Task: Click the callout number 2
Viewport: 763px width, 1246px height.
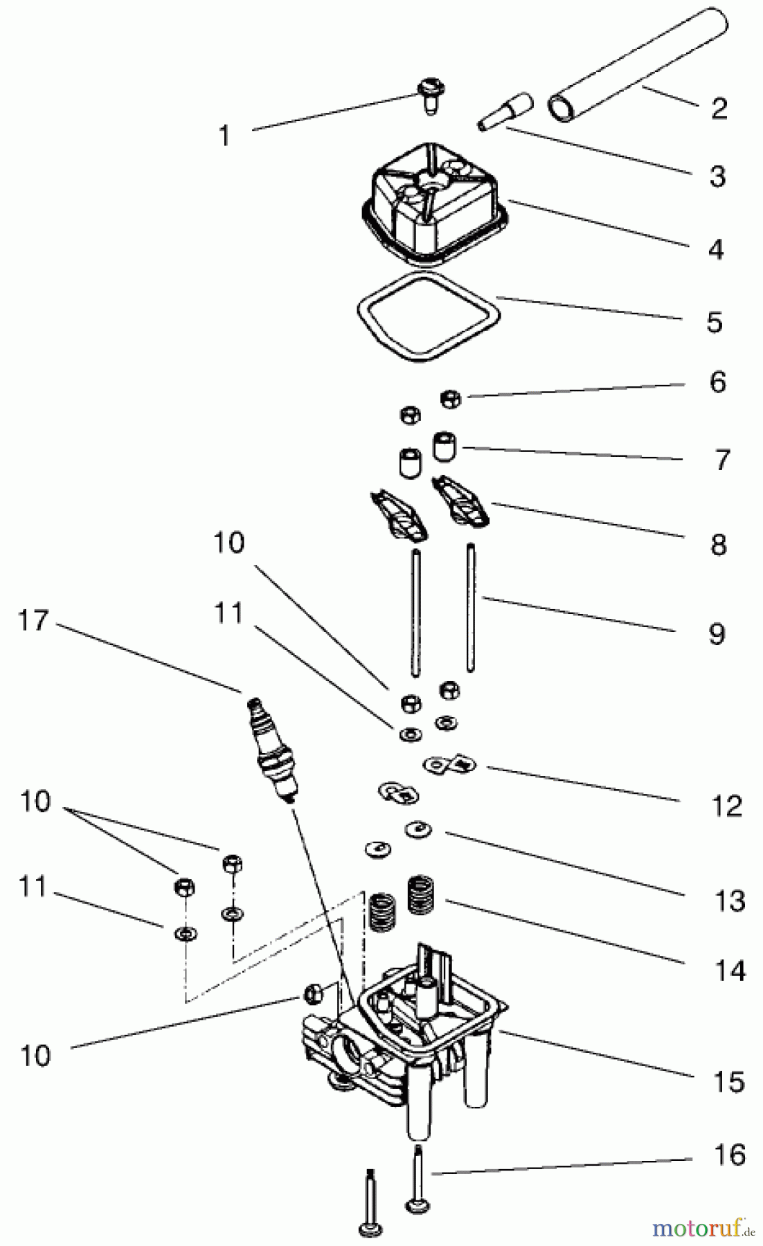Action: tap(719, 108)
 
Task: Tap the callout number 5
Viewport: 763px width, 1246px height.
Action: tap(715, 323)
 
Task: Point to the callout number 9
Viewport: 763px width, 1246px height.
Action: tap(717, 634)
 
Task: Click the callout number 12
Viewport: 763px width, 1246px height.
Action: tap(726, 806)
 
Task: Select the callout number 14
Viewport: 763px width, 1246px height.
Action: tap(730, 970)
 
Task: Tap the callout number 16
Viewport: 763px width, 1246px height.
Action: tap(729, 1155)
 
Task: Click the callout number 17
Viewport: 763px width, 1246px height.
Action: tap(34, 621)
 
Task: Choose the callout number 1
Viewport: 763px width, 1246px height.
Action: tap(224, 136)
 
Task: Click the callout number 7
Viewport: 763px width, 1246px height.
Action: tap(721, 460)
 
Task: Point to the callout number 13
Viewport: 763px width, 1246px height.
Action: tap(729, 901)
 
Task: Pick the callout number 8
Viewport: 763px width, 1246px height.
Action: tap(718, 545)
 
